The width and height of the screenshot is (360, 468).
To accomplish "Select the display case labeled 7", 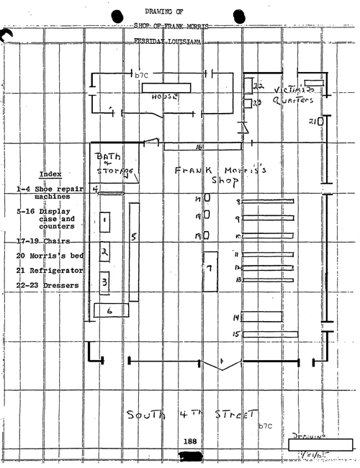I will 210,270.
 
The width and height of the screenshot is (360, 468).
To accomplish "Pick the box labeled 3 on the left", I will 105,282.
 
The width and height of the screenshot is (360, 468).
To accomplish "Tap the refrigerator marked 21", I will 321,122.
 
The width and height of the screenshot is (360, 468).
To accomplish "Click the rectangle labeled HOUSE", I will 166,87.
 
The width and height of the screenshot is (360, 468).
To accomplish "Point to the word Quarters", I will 296,101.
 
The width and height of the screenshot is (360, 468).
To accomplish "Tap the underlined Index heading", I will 50,174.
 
